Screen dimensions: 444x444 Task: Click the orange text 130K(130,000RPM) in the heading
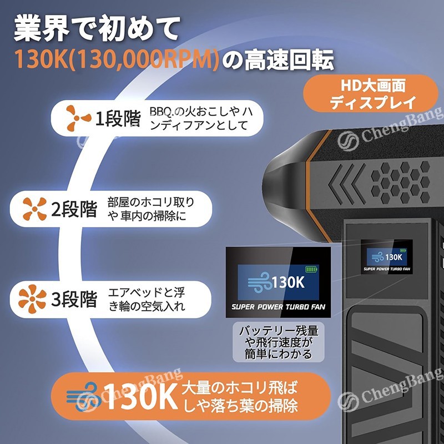coord(116,59)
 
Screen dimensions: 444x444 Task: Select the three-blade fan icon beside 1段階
coord(78,118)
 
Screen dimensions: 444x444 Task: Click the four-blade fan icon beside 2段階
coord(34,209)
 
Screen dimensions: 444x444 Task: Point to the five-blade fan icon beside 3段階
coord(32,299)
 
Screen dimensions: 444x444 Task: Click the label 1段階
coord(118,118)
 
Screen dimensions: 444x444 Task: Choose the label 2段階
coord(74,209)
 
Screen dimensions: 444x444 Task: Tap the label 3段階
coord(74,299)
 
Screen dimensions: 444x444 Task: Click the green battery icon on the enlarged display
coord(312,269)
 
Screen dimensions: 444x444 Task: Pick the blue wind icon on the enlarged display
coord(259,282)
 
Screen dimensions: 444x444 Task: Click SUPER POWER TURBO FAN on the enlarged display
coord(279,307)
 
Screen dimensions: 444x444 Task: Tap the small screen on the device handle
coord(386,257)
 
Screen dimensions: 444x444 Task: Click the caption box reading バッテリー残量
coord(279,342)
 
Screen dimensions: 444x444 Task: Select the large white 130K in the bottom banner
coord(141,396)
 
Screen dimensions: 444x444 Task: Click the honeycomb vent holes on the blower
coord(400,183)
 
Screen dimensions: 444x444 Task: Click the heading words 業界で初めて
coord(97,29)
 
